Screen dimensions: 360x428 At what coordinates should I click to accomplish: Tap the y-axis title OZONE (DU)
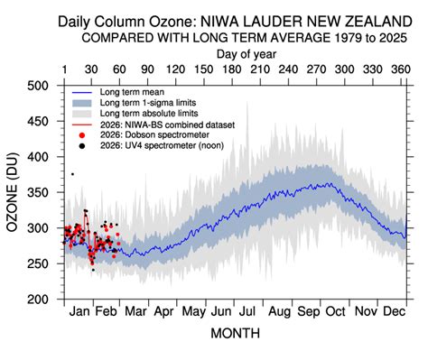15,190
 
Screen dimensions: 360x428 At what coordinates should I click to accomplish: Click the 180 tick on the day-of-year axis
232,69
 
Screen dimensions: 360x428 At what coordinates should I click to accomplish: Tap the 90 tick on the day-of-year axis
148,69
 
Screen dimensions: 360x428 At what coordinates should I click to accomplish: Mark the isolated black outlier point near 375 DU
72,174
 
